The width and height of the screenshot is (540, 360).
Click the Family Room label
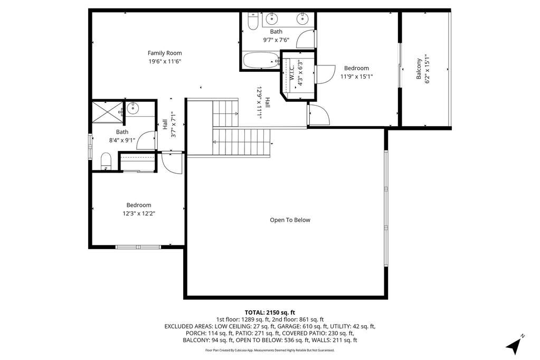click(165, 53)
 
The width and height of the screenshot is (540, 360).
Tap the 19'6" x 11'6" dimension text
click(165, 62)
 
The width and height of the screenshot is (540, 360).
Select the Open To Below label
click(290, 220)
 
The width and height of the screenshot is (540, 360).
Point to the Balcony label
click(419, 69)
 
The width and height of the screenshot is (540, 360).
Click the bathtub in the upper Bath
click(261, 61)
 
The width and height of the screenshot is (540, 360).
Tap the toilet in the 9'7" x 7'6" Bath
click(253, 21)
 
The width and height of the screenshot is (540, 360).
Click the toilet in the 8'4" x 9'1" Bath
click(106, 162)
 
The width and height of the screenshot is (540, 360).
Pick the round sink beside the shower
click(132, 108)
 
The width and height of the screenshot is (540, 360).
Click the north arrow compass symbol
click(515, 345)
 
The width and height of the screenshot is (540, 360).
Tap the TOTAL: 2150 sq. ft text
click(270, 312)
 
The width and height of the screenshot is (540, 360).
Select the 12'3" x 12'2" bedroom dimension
click(139, 214)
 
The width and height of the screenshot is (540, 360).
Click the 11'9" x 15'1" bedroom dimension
click(356, 77)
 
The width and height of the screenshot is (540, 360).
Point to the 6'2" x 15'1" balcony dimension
click(428, 69)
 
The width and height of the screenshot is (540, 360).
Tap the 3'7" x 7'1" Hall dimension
click(173, 125)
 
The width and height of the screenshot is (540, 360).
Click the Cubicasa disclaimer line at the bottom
click(270, 350)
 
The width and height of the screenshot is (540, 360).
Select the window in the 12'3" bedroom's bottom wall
click(138, 247)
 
